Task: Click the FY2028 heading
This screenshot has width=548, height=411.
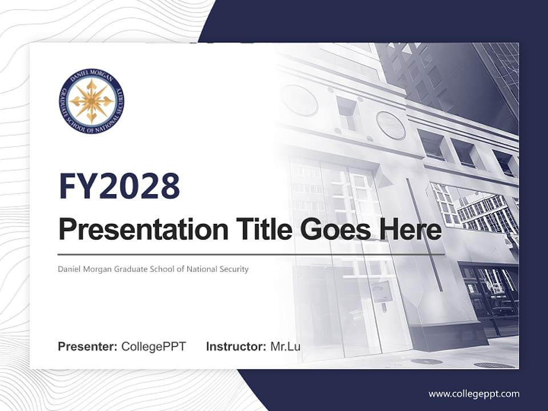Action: tap(119, 186)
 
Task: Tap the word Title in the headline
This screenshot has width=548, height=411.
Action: tap(260, 229)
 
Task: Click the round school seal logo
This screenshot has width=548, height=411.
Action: tap(91, 102)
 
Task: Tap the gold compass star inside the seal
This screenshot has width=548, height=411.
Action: tap(91, 102)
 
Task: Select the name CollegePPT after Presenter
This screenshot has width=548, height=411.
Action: tap(154, 346)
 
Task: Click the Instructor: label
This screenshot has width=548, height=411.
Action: tap(236, 346)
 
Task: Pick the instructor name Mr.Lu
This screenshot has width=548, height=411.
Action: tap(285, 346)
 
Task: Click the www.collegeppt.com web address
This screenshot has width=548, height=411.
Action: tap(474, 394)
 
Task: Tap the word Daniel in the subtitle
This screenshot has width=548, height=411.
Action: tap(69, 269)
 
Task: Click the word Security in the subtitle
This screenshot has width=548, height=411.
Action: tap(233, 269)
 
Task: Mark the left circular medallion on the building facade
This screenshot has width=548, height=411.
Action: tap(299, 100)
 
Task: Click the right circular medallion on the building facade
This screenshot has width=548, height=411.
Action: tap(390, 125)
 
